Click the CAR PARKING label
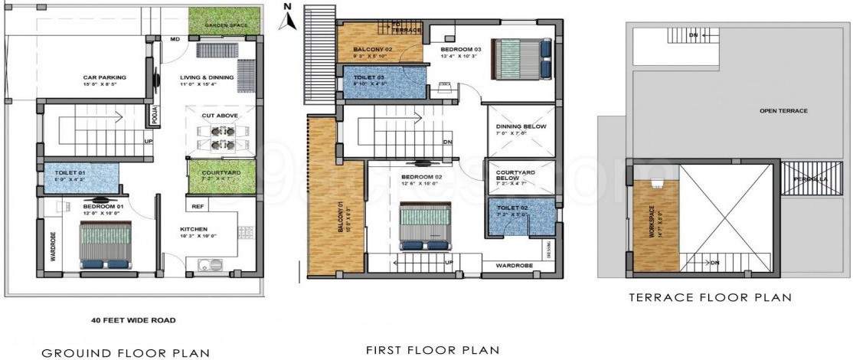tap(105, 77)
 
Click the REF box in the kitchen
tap(198, 206)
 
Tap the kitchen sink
tap(209, 267)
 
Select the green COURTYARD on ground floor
tap(222, 174)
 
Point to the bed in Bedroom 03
tap(521, 58)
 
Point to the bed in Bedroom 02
tap(425, 224)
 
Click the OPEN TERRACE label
tap(783, 111)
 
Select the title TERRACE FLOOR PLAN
tap(710, 296)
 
